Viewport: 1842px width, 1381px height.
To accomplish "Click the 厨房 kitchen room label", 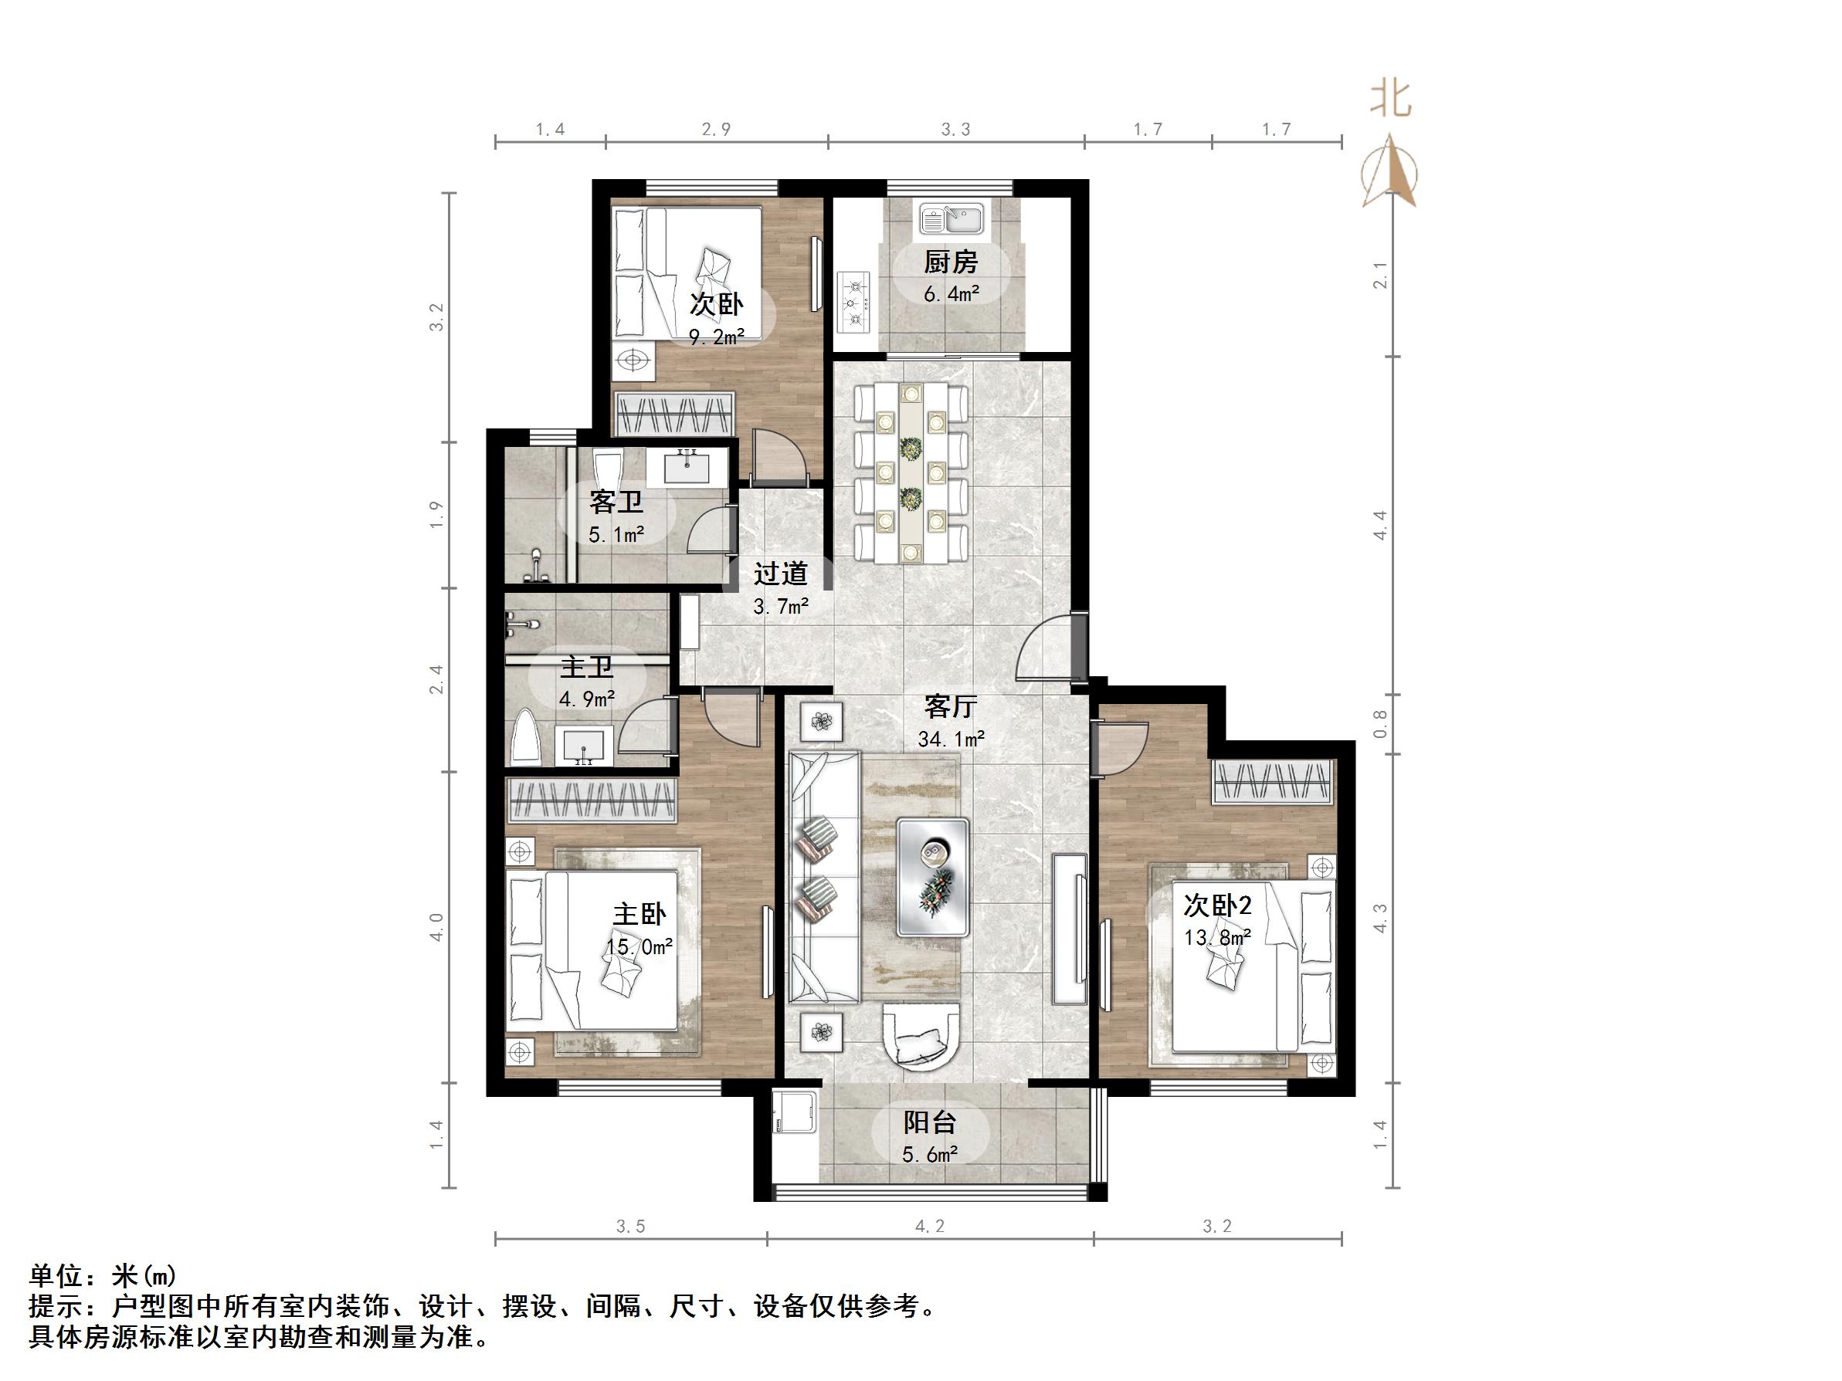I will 950,262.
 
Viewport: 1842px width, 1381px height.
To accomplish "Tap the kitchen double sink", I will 952,220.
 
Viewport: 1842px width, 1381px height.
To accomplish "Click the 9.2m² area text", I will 715,337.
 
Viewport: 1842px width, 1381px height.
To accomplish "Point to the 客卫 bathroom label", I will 616,502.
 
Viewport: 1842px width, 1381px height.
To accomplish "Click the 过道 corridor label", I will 780,574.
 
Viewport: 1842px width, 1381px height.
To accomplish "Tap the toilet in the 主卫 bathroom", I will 525,736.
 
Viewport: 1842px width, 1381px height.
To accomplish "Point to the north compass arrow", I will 1389,171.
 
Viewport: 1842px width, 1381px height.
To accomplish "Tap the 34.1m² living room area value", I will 951,739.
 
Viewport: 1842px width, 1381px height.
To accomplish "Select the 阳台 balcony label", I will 930,1123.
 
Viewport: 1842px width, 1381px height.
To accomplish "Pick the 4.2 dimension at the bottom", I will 929,1226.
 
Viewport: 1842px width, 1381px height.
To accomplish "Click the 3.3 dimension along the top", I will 955,129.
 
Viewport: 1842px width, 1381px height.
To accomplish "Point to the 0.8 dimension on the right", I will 1380,723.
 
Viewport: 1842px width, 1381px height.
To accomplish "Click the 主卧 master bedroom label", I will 639,914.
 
